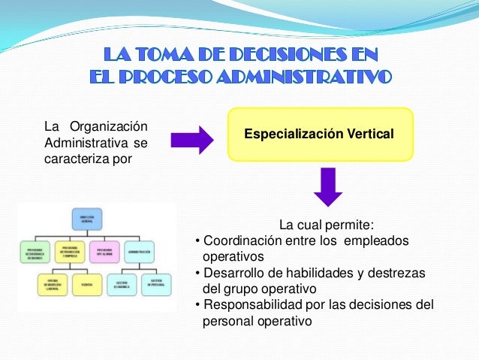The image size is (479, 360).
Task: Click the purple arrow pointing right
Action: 192,140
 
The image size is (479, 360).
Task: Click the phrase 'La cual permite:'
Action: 326,224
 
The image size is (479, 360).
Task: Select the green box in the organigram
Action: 35,251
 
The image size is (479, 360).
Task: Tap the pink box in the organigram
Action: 104,251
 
